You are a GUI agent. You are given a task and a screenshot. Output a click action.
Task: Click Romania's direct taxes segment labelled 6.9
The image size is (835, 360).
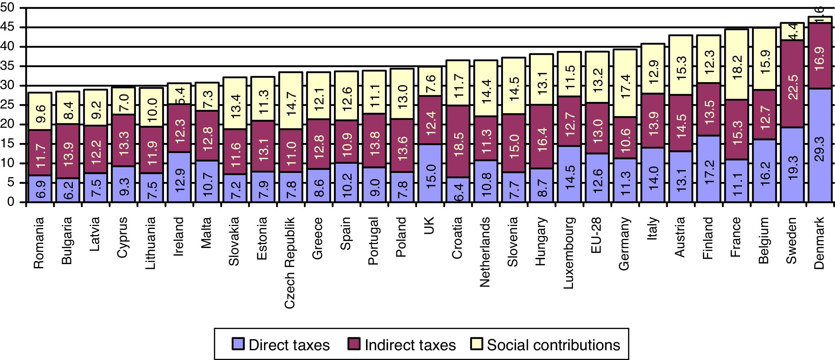click(39, 189)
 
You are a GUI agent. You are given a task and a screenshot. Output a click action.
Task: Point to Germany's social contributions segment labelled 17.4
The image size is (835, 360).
click(625, 83)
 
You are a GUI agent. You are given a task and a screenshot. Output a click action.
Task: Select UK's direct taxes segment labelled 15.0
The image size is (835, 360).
click(430, 173)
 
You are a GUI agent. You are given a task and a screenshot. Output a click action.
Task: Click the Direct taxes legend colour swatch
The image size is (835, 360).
click(238, 344)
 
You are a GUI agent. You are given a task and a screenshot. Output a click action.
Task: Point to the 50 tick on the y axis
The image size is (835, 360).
click(8, 8)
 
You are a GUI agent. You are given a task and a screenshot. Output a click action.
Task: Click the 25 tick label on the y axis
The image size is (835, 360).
click(8, 105)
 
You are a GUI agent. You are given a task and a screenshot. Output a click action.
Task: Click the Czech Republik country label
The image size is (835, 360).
click(289, 263)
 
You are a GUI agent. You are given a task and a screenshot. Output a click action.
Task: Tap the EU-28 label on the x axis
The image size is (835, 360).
click(596, 235)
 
